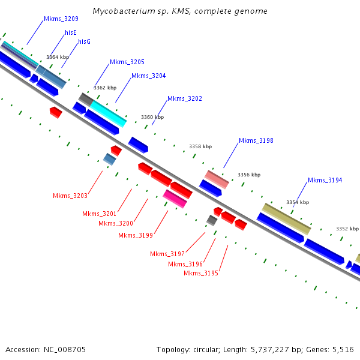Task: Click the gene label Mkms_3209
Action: [x=61, y=19]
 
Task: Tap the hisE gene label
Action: [x=71, y=32]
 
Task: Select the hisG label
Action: [x=84, y=41]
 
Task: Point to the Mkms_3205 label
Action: [x=127, y=62]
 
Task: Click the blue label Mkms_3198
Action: [x=256, y=140]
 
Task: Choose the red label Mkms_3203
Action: [x=70, y=196]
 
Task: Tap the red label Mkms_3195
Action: [x=201, y=273]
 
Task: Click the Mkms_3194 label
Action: [x=325, y=180]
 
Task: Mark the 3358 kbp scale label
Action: [x=200, y=146]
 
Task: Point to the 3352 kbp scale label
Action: [x=347, y=229]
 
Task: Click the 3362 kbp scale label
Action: [x=105, y=88]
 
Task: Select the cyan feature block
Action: [x=109, y=114]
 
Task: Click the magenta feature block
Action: [x=175, y=199]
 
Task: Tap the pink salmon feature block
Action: [x=217, y=179]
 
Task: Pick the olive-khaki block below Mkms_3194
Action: [x=287, y=219]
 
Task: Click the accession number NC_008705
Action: [x=65, y=350]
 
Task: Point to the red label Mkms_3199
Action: [x=136, y=236]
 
